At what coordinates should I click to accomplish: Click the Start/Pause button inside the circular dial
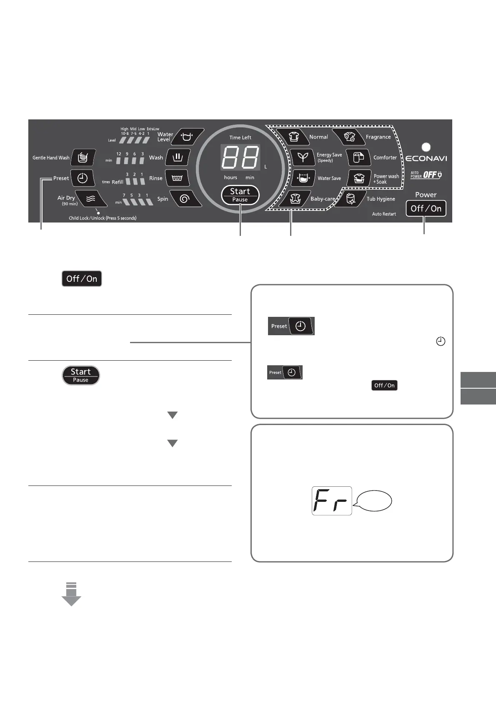point(240,195)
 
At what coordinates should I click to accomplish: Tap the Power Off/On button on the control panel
point(426,208)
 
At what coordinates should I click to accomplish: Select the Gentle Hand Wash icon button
point(83,157)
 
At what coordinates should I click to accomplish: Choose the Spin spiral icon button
point(184,199)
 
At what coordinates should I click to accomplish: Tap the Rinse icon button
point(177,178)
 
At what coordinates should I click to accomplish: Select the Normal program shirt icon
point(294,137)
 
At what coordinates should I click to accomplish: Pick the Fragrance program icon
point(350,137)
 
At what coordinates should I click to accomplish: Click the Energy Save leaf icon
point(303,157)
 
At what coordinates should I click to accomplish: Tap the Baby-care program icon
point(296,199)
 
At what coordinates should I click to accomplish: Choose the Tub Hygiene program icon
point(350,199)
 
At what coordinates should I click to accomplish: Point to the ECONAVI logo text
point(426,159)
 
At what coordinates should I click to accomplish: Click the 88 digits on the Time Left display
point(240,157)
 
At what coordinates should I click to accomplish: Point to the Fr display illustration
point(332,501)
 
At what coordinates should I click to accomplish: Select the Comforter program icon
point(358,157)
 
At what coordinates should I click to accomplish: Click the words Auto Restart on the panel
point(384,214)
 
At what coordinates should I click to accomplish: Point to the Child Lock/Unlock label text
point(103,218)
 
